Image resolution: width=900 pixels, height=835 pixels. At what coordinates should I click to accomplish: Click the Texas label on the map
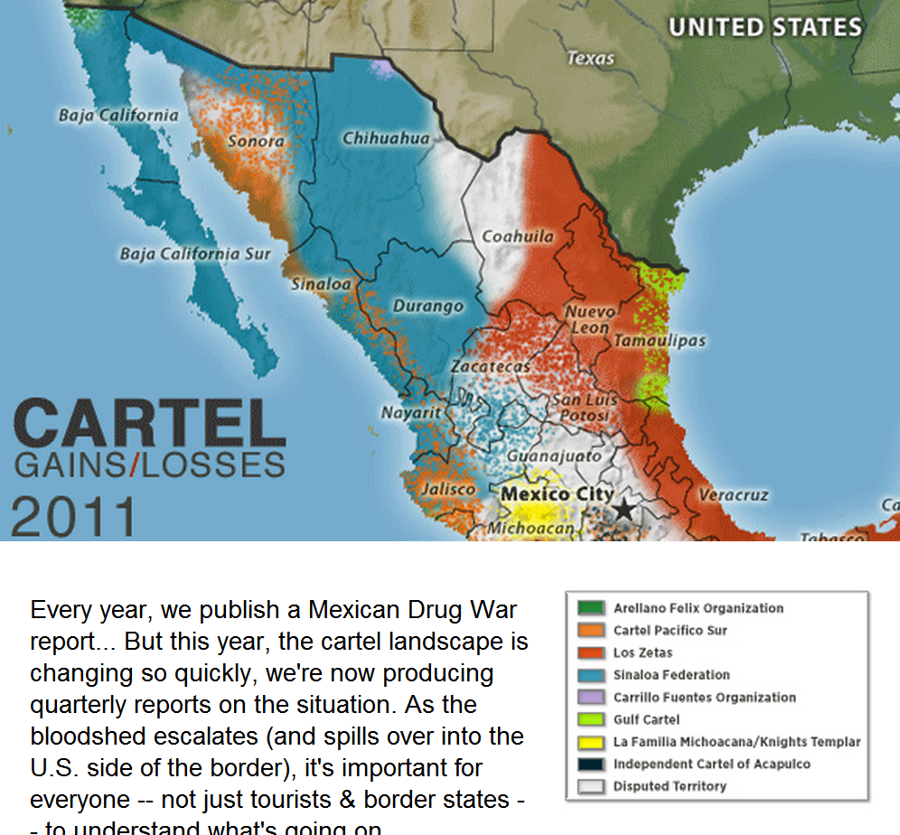[x=591, y=59]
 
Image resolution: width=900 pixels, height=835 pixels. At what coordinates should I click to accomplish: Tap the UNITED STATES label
[x=764, y=27]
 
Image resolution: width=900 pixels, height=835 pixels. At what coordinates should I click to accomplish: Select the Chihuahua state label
[x=386, y=138]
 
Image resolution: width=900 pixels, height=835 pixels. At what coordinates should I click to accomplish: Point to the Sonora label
[x=256, y=141]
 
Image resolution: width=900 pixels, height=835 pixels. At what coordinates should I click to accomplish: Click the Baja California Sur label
[x=195, y=254]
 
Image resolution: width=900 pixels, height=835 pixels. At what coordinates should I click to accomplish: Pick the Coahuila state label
[x=518, y=237]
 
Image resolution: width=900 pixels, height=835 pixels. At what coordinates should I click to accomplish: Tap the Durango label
[x=427, y=306]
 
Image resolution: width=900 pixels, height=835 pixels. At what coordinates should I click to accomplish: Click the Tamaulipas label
[x=660, y=341]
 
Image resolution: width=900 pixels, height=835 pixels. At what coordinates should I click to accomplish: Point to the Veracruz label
[x=733, y=495]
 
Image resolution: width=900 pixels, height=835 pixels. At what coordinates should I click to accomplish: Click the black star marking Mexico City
[x=623, y=511]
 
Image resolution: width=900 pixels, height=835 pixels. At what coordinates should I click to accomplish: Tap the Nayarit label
[x=411, y=412]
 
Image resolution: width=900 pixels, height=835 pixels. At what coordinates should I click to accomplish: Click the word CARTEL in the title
[x=149, y=426]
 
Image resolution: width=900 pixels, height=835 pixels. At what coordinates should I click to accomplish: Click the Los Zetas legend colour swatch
[x=592, y=652]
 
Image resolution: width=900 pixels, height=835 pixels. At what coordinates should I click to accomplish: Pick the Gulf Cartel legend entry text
[x=646, y=719]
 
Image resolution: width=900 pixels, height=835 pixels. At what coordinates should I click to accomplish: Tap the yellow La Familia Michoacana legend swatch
[x=592, y=742]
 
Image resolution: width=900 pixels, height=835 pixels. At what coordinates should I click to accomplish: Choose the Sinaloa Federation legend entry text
[x=671, y=675]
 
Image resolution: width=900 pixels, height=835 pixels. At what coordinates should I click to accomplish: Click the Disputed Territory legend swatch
[x=592, y=786]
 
